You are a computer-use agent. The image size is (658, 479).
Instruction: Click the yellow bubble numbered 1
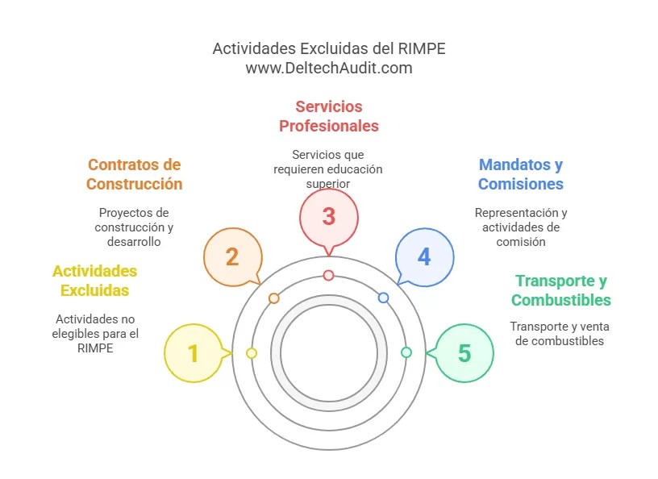pos(193,353)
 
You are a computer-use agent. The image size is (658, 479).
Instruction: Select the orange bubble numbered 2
pos(232,256)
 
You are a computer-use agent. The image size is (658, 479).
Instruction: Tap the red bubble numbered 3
pos(328,216)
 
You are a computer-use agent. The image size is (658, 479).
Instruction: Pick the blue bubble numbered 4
pos(424,256)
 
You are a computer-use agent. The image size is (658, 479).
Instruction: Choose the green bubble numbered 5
pos(464,353)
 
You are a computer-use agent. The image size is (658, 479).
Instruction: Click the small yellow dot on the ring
pos(252,353)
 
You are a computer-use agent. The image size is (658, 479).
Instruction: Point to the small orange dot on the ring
pos(274,298)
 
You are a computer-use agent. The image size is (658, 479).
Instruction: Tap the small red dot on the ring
pos(328,275)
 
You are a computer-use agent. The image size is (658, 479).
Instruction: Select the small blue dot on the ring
pos(384,298)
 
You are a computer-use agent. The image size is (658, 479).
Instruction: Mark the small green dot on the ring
pos(406,352)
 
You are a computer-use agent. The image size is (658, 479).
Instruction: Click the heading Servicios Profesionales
pos(328,116)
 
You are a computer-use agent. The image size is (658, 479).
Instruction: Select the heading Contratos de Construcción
pos(135,174)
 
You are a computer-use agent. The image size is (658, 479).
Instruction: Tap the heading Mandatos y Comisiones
pos(520,174)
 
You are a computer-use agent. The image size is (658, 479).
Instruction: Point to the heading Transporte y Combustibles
pos(561,290)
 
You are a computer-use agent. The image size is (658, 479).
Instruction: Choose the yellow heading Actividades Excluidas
pos(94,281)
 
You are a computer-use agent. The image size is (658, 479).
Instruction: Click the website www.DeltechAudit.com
pos(329,69)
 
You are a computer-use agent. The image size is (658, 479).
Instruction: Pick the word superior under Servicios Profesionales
pos(328,184)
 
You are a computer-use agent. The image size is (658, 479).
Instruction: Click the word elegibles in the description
pos(81,333)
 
